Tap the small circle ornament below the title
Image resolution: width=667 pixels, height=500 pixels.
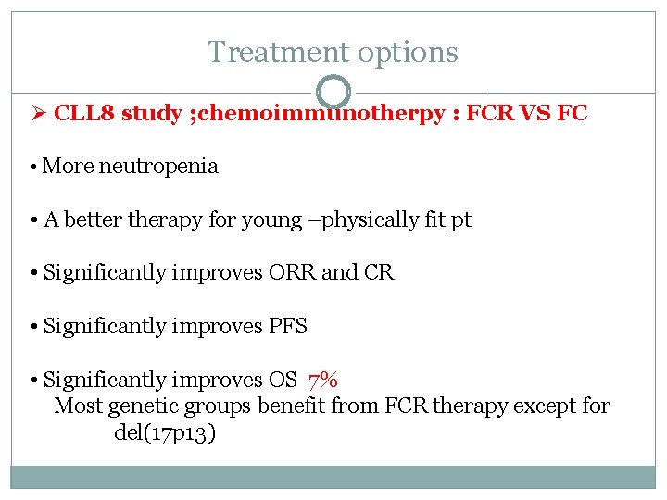[x=333, y=91]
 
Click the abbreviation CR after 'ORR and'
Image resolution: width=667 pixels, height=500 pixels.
[x=380, y=273]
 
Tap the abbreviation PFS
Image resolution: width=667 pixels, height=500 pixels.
[x=288, y=326]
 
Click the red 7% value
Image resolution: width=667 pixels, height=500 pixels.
[x=323, y=379]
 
